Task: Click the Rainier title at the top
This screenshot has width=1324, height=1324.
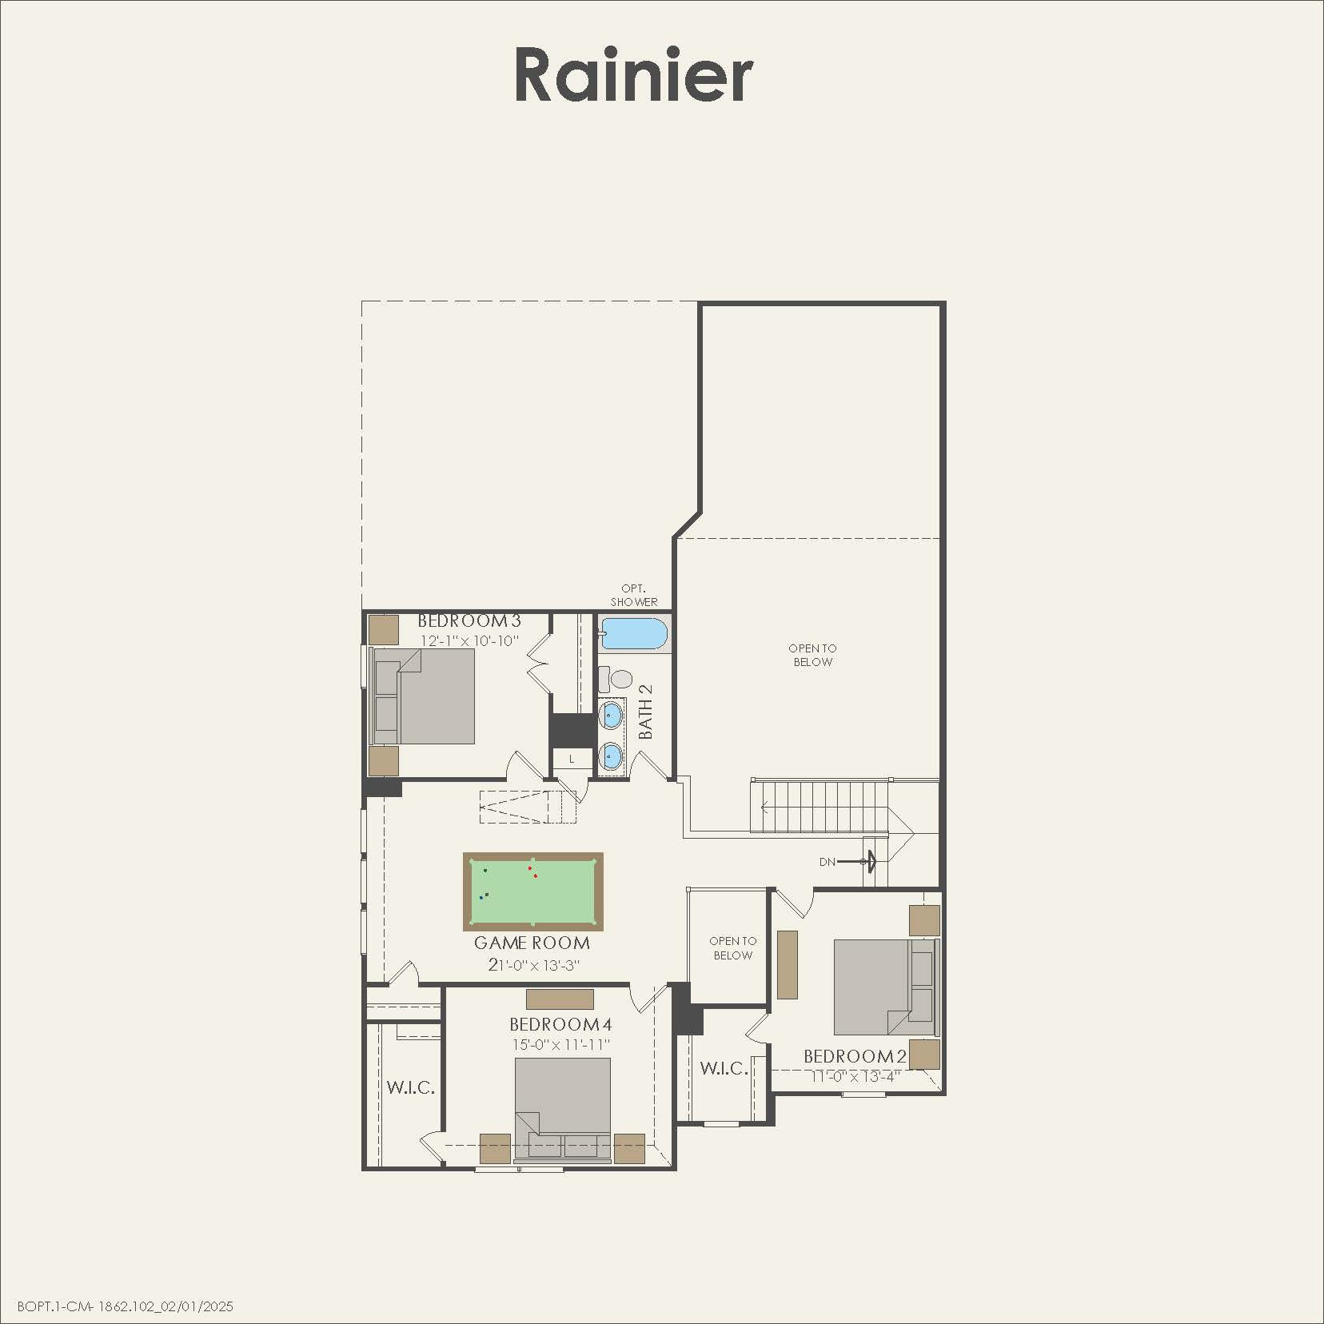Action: (x=633, y=75)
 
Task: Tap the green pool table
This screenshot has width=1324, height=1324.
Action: (x=533, y=891)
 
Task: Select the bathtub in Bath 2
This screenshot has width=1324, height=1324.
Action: (x=633, y=634)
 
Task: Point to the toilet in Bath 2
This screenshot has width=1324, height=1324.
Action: (x=620, y=680)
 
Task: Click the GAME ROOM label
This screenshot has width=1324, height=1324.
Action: (x=532, y=943)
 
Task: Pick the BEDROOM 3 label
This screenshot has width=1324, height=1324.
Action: (x=469, y=621)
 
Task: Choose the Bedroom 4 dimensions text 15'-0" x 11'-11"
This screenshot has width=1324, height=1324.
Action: (x=561, y=1045)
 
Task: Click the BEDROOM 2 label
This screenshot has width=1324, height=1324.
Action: (x=855, y=1057)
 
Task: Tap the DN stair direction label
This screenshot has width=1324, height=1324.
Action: (x=827, y=862)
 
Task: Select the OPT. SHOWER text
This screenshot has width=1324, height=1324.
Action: (x=634, y=596)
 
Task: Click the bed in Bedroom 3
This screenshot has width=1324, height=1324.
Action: (x=425, y=696)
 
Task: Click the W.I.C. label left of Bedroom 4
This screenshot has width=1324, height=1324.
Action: (x=411, y=1087)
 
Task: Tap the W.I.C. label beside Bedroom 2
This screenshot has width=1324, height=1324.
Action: (x=724, y=1068)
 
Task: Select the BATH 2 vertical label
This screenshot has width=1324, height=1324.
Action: (x=646, y=711)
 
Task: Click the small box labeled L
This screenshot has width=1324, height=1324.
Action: (x=572, y=759)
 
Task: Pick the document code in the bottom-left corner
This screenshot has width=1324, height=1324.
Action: (x=126, y=1306)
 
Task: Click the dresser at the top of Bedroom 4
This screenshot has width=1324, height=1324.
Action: (x=560, y=999)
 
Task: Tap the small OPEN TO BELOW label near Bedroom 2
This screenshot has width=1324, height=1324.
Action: (x=733, y=948)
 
